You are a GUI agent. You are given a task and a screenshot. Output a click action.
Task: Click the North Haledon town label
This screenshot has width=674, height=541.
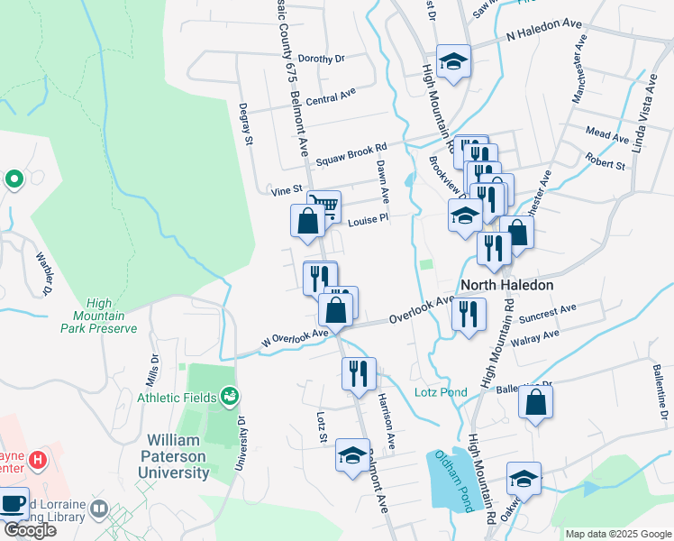click(x=505, y=284)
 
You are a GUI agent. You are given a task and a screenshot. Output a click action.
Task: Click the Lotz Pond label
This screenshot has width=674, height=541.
click(x=441, y=392)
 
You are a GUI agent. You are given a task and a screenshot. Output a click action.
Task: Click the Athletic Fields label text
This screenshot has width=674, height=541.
click(x=177, y=397)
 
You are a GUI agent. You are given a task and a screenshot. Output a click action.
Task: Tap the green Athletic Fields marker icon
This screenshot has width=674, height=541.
click(x=230, y=396)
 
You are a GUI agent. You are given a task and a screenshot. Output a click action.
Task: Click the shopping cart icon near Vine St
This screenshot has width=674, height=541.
click(x=323, y=206)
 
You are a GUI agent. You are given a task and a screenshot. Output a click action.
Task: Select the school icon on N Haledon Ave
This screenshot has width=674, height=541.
click(x=453, y=62)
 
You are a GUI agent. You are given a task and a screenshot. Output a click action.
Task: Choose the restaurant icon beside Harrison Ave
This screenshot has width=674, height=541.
click(x=359, y=372)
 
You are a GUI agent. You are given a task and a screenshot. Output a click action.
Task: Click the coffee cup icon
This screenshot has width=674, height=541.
click(x=13, y=503)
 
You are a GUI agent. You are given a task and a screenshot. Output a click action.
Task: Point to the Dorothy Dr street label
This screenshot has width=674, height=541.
click(x=322, y=59)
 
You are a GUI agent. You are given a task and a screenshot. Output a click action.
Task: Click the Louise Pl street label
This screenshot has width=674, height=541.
click(x=368, y=219)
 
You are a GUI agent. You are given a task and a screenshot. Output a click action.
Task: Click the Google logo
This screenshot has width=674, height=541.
click(x=29, y=530)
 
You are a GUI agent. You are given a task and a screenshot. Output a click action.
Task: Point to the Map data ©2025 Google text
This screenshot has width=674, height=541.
click(x=617, y=534)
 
